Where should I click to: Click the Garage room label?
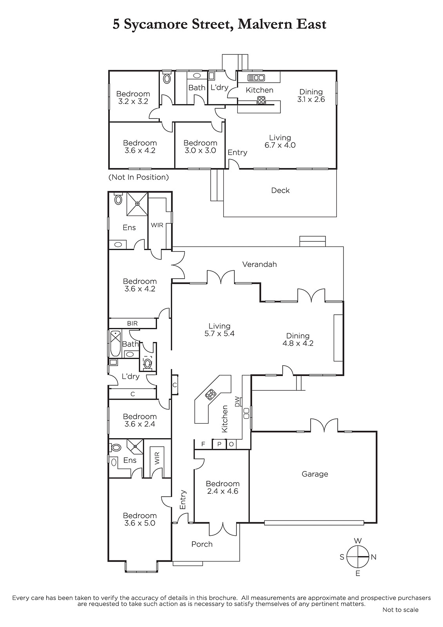pos(315,474)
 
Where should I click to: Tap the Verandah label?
pos(259,264)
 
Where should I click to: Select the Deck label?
pos(280,190)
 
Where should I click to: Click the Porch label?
pos(202,544)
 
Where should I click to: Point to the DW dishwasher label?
pos(237,402)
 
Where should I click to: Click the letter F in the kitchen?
pos(203,444)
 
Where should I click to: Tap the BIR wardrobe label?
pos(132,323)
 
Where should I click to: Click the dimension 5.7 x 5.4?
pos(219,333)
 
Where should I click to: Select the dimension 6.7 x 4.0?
pos(280,145)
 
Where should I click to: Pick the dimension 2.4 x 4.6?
pos(222,491)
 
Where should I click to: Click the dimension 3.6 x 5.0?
pos(140,523)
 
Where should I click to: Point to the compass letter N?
pos(373,557)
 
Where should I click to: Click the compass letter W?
pos(358,541)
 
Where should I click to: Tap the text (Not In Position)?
pos(139,177)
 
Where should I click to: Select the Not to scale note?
pos(400,610)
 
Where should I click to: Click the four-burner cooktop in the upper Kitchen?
pos(261,100)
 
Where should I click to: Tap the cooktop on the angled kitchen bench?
pos(210,394)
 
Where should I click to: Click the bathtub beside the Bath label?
pos(115,344)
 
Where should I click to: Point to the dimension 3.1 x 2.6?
pos(311,100)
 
